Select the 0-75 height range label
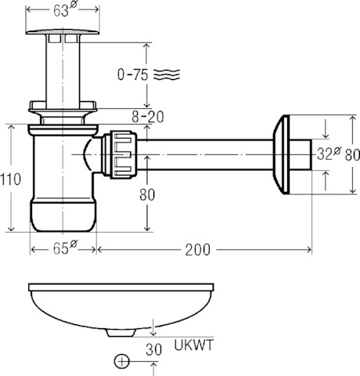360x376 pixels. coord(133,74)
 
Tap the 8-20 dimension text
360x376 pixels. coord(148,117)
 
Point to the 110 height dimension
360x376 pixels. coord(10,179)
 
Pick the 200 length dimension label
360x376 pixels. coord(197,250)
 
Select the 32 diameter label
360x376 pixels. coord(329,154)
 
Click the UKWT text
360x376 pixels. coord(194,345)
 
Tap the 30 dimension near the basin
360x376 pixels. coord(153,349)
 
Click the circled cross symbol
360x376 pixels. coord(122,362)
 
